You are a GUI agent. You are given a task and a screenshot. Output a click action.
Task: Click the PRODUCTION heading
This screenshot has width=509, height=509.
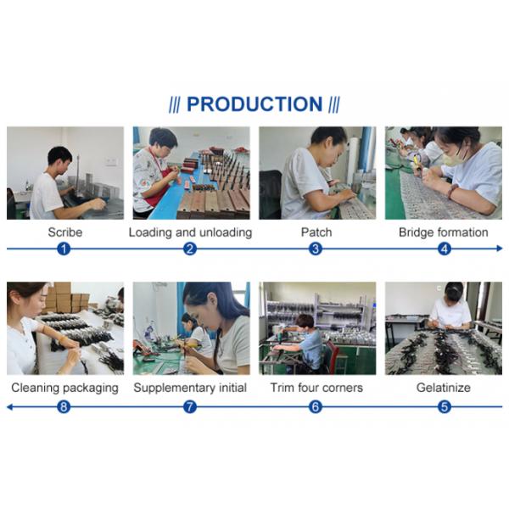(x=255, y=103)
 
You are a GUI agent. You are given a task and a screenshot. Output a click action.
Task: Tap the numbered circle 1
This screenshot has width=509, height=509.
(x=64, y=249)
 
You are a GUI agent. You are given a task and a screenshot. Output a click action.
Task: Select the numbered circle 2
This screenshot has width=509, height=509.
(x=190, y=249)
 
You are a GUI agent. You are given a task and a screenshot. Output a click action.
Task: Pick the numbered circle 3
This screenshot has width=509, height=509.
(x=316, y=249)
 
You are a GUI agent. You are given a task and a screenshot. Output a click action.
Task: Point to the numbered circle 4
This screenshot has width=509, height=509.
(x=445, y=249)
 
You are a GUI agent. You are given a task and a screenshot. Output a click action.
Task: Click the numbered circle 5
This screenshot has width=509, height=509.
(x=445, y=406)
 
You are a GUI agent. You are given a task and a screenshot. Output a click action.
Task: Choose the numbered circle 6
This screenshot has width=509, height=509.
(x=316, y=406)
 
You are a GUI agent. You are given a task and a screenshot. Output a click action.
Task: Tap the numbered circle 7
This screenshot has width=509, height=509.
(x=190, y=406)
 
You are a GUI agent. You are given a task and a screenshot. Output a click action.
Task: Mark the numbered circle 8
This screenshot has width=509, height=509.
(x=64, y=406)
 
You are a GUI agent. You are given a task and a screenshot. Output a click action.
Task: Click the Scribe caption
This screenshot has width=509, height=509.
(x=65, y=232)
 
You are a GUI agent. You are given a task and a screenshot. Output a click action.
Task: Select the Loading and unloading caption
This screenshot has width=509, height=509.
(x=191, y=232)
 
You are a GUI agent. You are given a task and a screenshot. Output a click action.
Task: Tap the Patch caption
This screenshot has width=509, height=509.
(x=316, y=232)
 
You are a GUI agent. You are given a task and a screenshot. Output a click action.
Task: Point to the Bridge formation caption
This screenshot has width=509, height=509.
(x=444, y=232)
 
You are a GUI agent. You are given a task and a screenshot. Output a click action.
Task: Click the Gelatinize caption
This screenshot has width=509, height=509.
(x=444, y=388)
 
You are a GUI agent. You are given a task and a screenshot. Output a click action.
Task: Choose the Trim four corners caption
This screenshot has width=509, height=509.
(x=316, y=388)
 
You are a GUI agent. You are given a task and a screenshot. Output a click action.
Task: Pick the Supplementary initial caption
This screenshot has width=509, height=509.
(x=190, y=388)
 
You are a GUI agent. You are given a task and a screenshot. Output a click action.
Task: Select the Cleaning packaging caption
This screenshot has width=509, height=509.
(x=65, y=388)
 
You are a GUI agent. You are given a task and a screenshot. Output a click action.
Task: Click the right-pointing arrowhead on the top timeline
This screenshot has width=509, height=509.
(x=500, y=249)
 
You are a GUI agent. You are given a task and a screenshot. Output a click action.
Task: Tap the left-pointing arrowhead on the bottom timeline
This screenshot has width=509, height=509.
(x=9, y=406)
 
